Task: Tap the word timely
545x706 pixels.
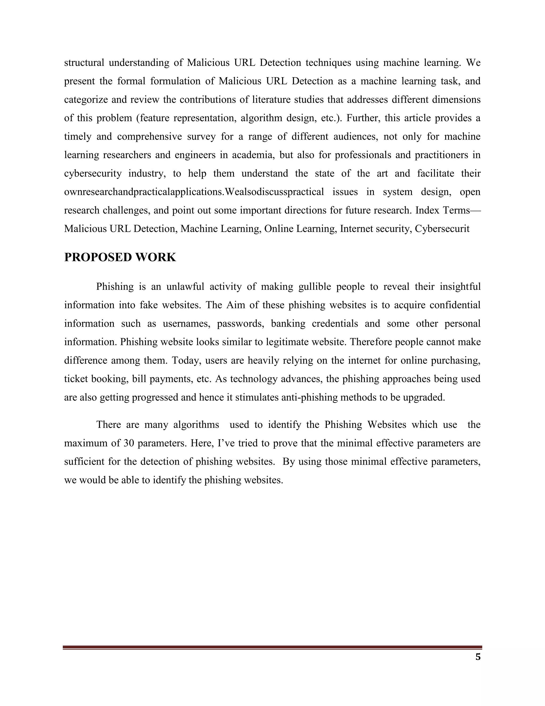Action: click(x=77, y=136)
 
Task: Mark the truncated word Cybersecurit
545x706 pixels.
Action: click(x=442, y=229)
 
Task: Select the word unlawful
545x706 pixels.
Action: click(x=185, y=287)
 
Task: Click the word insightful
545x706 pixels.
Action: click(x=460, y=287)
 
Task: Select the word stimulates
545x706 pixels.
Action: click(x=257, y=397)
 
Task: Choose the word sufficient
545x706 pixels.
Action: click(x=84, y=462)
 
